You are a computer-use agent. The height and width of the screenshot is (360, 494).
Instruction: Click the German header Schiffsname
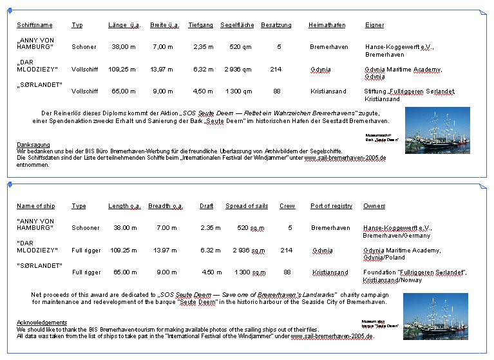point(35,25)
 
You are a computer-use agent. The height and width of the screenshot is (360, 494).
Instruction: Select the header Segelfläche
point(237,25)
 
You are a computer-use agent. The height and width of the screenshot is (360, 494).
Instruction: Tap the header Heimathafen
point(327,25)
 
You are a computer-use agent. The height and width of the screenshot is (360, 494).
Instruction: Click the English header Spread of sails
point(247,206)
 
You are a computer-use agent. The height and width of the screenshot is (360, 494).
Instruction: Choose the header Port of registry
point(331,206)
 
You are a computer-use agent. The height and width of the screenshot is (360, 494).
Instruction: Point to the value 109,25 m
point(122,69)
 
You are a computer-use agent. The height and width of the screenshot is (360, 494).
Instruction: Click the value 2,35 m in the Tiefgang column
point(203,47)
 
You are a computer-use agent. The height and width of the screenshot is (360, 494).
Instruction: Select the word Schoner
point(84,47)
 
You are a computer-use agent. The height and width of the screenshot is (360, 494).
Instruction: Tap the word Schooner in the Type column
point(86,228)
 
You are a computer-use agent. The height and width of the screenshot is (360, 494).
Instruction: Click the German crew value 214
point(276,69)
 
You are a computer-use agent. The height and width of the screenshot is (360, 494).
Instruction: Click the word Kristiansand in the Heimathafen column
point(328,91)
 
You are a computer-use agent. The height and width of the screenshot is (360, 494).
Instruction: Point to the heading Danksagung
point(32,144)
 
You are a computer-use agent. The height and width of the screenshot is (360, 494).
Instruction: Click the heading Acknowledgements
point(42,322)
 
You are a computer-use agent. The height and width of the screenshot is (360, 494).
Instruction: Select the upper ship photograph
point(437,130)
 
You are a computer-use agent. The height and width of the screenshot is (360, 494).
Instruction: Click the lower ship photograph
point(435,316)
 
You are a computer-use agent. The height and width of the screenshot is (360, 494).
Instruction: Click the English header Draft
point(206,206)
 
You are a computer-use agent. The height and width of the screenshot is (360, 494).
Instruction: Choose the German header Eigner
point(374,25)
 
